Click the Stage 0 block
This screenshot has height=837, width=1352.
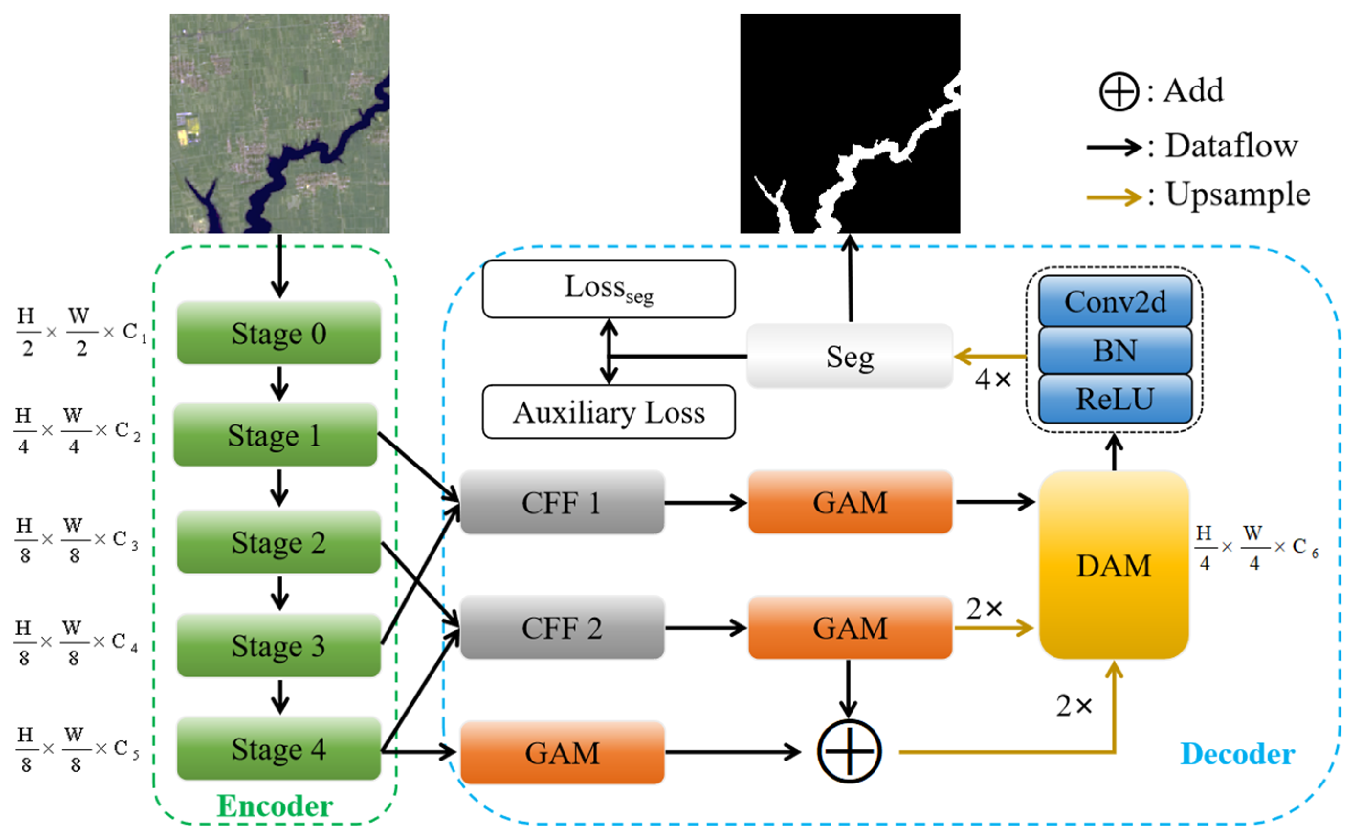coord(278,333)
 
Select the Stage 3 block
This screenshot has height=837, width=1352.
coord(278,645)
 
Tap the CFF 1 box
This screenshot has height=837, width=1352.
coord(562,503)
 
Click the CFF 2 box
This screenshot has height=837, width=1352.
coord(562,628)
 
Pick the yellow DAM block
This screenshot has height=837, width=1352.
coord(1113,565)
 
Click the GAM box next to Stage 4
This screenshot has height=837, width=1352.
coord(562,753)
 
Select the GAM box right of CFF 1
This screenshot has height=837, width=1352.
coord(850,503)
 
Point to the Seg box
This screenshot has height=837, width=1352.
coord(850,357)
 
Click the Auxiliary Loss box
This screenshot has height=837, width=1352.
coord(608,413)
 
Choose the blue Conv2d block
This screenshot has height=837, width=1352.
coord(1114,302)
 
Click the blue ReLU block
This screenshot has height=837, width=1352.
coord(1114,399)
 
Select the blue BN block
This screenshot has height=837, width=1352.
coord(1114,350)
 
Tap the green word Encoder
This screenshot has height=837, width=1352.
coord(275,805)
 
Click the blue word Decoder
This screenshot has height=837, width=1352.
coord(1237,754)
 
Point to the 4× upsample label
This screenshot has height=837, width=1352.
coord(993,380)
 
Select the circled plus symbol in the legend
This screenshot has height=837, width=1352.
coord(1118,91)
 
